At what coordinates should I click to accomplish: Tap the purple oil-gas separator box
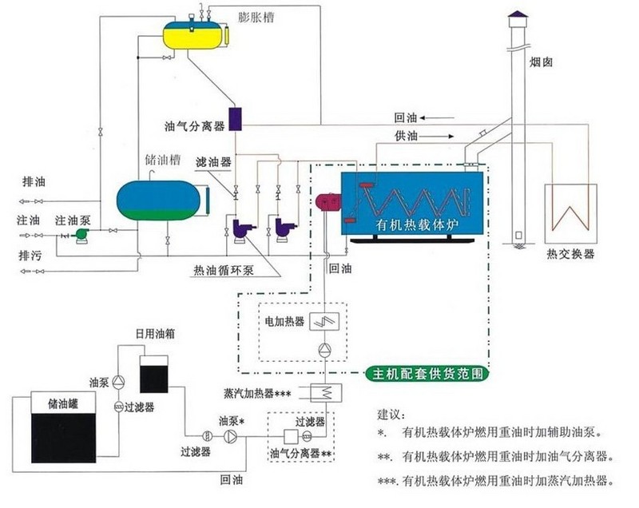point(236,119)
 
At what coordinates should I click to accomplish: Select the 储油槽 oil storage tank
point(160,200)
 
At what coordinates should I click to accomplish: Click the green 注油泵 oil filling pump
point(80,232)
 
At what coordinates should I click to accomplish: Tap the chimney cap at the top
point(518,18)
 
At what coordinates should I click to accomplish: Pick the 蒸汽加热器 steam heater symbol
point(326,391)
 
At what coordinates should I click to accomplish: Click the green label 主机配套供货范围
point(425,373)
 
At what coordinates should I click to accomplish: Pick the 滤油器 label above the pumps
point(213,161)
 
